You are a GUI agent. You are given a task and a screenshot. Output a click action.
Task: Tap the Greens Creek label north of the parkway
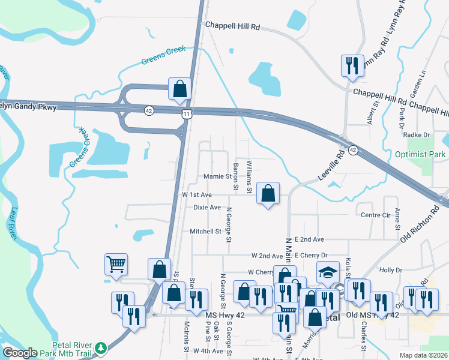point(164,56)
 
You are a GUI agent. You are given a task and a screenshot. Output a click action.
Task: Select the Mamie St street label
point(217,176)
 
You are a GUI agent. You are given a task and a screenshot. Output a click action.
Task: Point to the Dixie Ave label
point(207,208)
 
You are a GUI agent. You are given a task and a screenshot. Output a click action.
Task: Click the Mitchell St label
point(206,232)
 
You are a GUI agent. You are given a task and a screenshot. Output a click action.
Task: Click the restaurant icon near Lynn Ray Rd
point(352,65)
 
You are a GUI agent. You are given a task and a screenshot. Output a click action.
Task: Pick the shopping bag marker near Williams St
point(268,193)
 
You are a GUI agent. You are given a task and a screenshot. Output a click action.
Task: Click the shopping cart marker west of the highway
point(116,263)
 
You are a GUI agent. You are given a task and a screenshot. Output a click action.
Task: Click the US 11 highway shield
point(187,113)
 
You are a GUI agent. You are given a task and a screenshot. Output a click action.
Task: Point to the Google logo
point(20,353)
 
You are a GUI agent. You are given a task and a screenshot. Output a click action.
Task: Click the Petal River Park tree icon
point(101,347)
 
